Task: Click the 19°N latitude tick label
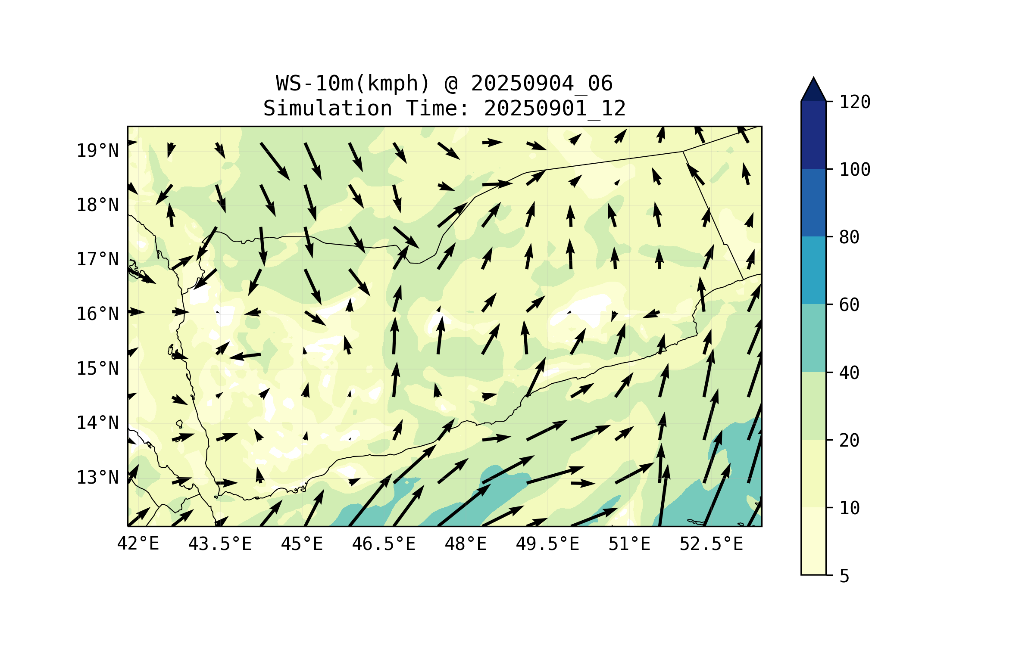point(97,151)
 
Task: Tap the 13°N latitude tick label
point(97,478)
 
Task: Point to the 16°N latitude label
point(97,314)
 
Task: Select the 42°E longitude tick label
point(138,544)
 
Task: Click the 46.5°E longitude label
point(384,544)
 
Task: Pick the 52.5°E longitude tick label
point(711,544)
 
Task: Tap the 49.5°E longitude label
point(547,544)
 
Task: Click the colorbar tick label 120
point(855,102)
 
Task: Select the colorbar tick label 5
point(844,576)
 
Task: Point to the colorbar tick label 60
point(849,305)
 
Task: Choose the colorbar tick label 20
point(849,440)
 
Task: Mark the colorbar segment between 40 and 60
point(813,338)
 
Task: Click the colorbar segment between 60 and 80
point(813,270)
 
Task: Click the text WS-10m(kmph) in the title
point(353,83)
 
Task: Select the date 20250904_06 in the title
point(541,83)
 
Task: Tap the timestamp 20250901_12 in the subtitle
point(555,108)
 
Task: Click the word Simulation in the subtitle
point(328,108)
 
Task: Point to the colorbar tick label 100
point(855,170)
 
